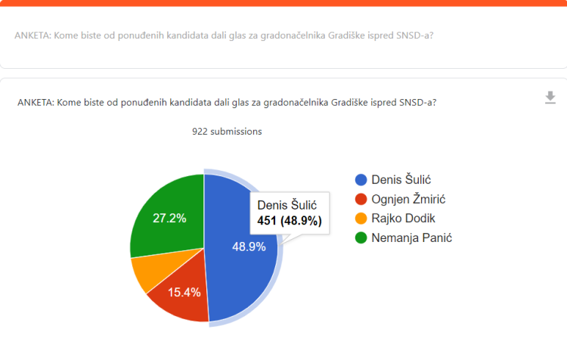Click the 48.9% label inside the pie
[x=249, y=247]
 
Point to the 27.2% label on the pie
[x=170, y=218]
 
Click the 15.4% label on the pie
[x=183, y=291]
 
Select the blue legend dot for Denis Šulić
[x=361, y=179]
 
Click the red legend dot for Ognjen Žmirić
[x=361, y=199]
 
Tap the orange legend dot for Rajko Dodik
[x=361, y=219]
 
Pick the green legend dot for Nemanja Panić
[x=361, y=238]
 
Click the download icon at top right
[x=550, y=98]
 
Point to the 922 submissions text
[x=227, y=132]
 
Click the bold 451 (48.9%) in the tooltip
[x=290, y=222]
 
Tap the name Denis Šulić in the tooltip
[x=287, y=205]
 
